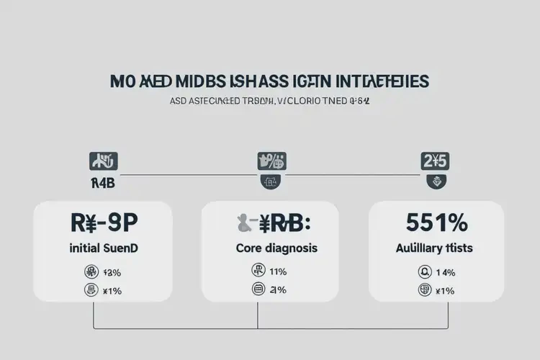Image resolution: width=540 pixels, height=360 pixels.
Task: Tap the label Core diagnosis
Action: click(277, 248)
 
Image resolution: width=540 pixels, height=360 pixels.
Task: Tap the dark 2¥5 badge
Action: click(435, 161)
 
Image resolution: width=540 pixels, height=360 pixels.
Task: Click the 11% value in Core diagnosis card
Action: click(278, 271)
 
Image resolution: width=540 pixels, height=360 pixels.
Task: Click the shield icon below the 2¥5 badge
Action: click(435, 181)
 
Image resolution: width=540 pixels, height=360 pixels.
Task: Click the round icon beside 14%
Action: click(423, 271)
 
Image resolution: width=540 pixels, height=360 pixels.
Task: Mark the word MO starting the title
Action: click(122, 80)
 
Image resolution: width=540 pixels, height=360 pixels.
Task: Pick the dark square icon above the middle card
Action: click(271, 161)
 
